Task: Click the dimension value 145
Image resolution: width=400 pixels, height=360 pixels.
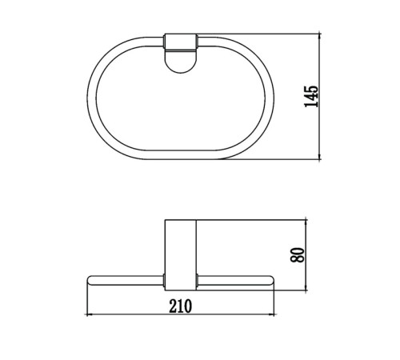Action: click(311, 97)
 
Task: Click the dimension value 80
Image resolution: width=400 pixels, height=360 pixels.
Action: click(298, 255)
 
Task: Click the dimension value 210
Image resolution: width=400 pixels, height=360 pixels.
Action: click(181, 306)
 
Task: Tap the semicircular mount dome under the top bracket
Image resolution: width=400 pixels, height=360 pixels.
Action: click(181, 62)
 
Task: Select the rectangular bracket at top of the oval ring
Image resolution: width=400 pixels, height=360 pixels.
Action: click(181, 42)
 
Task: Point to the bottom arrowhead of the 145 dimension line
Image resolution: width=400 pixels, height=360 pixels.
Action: click(320, 157)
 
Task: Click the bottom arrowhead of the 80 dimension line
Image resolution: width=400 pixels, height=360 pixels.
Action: click(306, 288)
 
